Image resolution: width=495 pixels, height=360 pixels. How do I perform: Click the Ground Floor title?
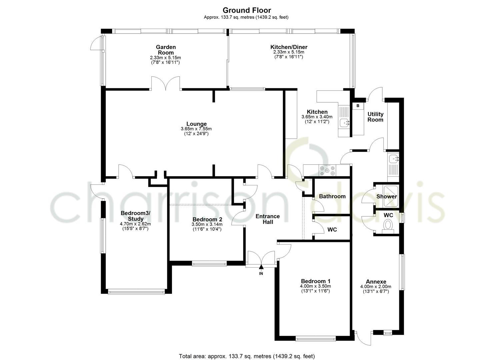247,10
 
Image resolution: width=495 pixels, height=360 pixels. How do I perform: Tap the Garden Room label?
166,50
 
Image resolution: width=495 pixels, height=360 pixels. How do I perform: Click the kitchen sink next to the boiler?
344,123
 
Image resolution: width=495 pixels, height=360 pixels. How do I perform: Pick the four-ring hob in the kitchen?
328,171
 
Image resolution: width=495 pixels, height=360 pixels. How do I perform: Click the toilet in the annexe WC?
388,225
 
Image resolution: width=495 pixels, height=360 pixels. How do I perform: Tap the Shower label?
387,196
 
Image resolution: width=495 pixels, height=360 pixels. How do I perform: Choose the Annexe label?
376,281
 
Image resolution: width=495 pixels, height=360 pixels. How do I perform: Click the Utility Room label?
375,117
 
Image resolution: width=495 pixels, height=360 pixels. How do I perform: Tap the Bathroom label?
332,196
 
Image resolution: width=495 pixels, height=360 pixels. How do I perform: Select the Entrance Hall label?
268,219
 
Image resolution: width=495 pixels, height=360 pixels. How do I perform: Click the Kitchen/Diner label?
289,47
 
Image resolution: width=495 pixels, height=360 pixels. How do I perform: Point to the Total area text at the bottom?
247,356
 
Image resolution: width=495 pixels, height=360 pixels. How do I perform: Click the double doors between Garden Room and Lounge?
166,84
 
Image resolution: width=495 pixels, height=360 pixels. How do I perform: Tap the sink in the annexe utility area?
393,158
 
